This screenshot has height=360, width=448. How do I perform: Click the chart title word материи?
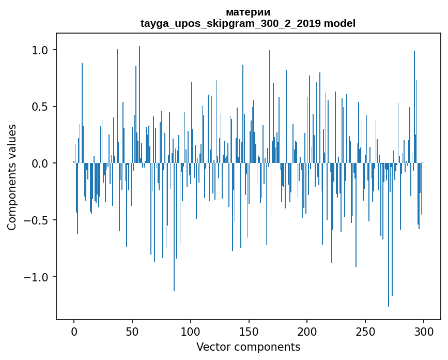coord(248,12)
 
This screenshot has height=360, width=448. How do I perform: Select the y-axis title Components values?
coord(12,177)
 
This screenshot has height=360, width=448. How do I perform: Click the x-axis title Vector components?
coord(248,347)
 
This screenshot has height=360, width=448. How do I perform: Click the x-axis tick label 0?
coord(74,332)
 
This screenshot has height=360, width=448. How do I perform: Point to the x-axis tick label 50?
coord(132,332)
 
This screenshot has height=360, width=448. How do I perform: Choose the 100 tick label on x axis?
coord(191,332)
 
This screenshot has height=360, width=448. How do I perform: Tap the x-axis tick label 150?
coord(249,332)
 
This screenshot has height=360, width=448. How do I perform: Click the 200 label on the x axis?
coord(307,332)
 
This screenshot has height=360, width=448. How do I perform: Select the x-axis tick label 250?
coord(366,332)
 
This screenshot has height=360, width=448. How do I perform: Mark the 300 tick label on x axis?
coord(424,332)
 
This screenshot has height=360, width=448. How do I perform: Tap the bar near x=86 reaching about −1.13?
coord(174,228)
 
